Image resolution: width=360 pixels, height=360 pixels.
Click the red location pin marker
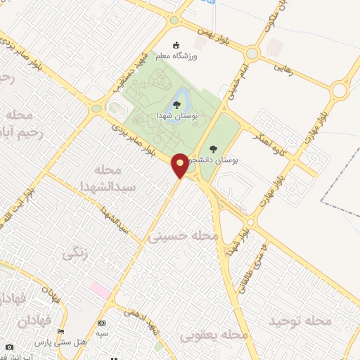[x=181, y=165]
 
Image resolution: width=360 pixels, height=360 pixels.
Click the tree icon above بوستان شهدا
[x=176, y=104]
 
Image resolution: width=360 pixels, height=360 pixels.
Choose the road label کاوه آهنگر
[x=267, y=135]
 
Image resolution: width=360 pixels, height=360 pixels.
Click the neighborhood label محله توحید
[x=300, y=321]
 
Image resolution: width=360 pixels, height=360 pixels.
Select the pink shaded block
[x=99, y=289]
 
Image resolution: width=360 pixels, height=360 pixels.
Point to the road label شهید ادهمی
[x=143, y=314]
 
